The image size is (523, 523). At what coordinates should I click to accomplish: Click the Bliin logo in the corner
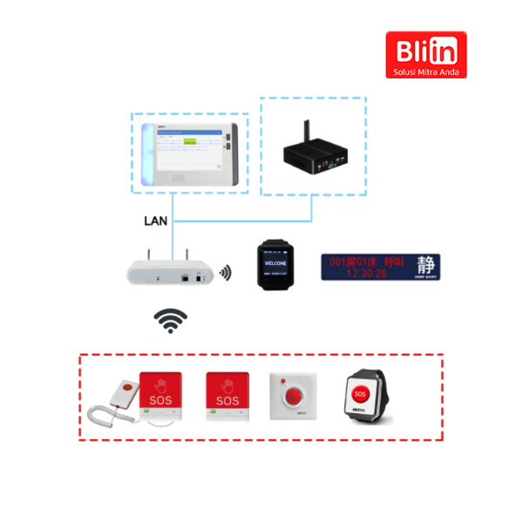point(426,54)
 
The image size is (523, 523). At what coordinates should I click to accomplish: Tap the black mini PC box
point(315,153)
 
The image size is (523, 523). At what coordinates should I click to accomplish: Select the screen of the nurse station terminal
point(188,149)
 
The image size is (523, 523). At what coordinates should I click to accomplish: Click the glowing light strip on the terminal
point(147,153)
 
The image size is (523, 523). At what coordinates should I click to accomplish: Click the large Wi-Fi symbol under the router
point(171,320)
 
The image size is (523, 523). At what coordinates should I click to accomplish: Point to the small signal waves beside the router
point(226,274)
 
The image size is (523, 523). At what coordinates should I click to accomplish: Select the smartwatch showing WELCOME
point(275,261)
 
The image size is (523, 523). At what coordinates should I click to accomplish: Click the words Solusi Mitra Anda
point(426,71)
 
